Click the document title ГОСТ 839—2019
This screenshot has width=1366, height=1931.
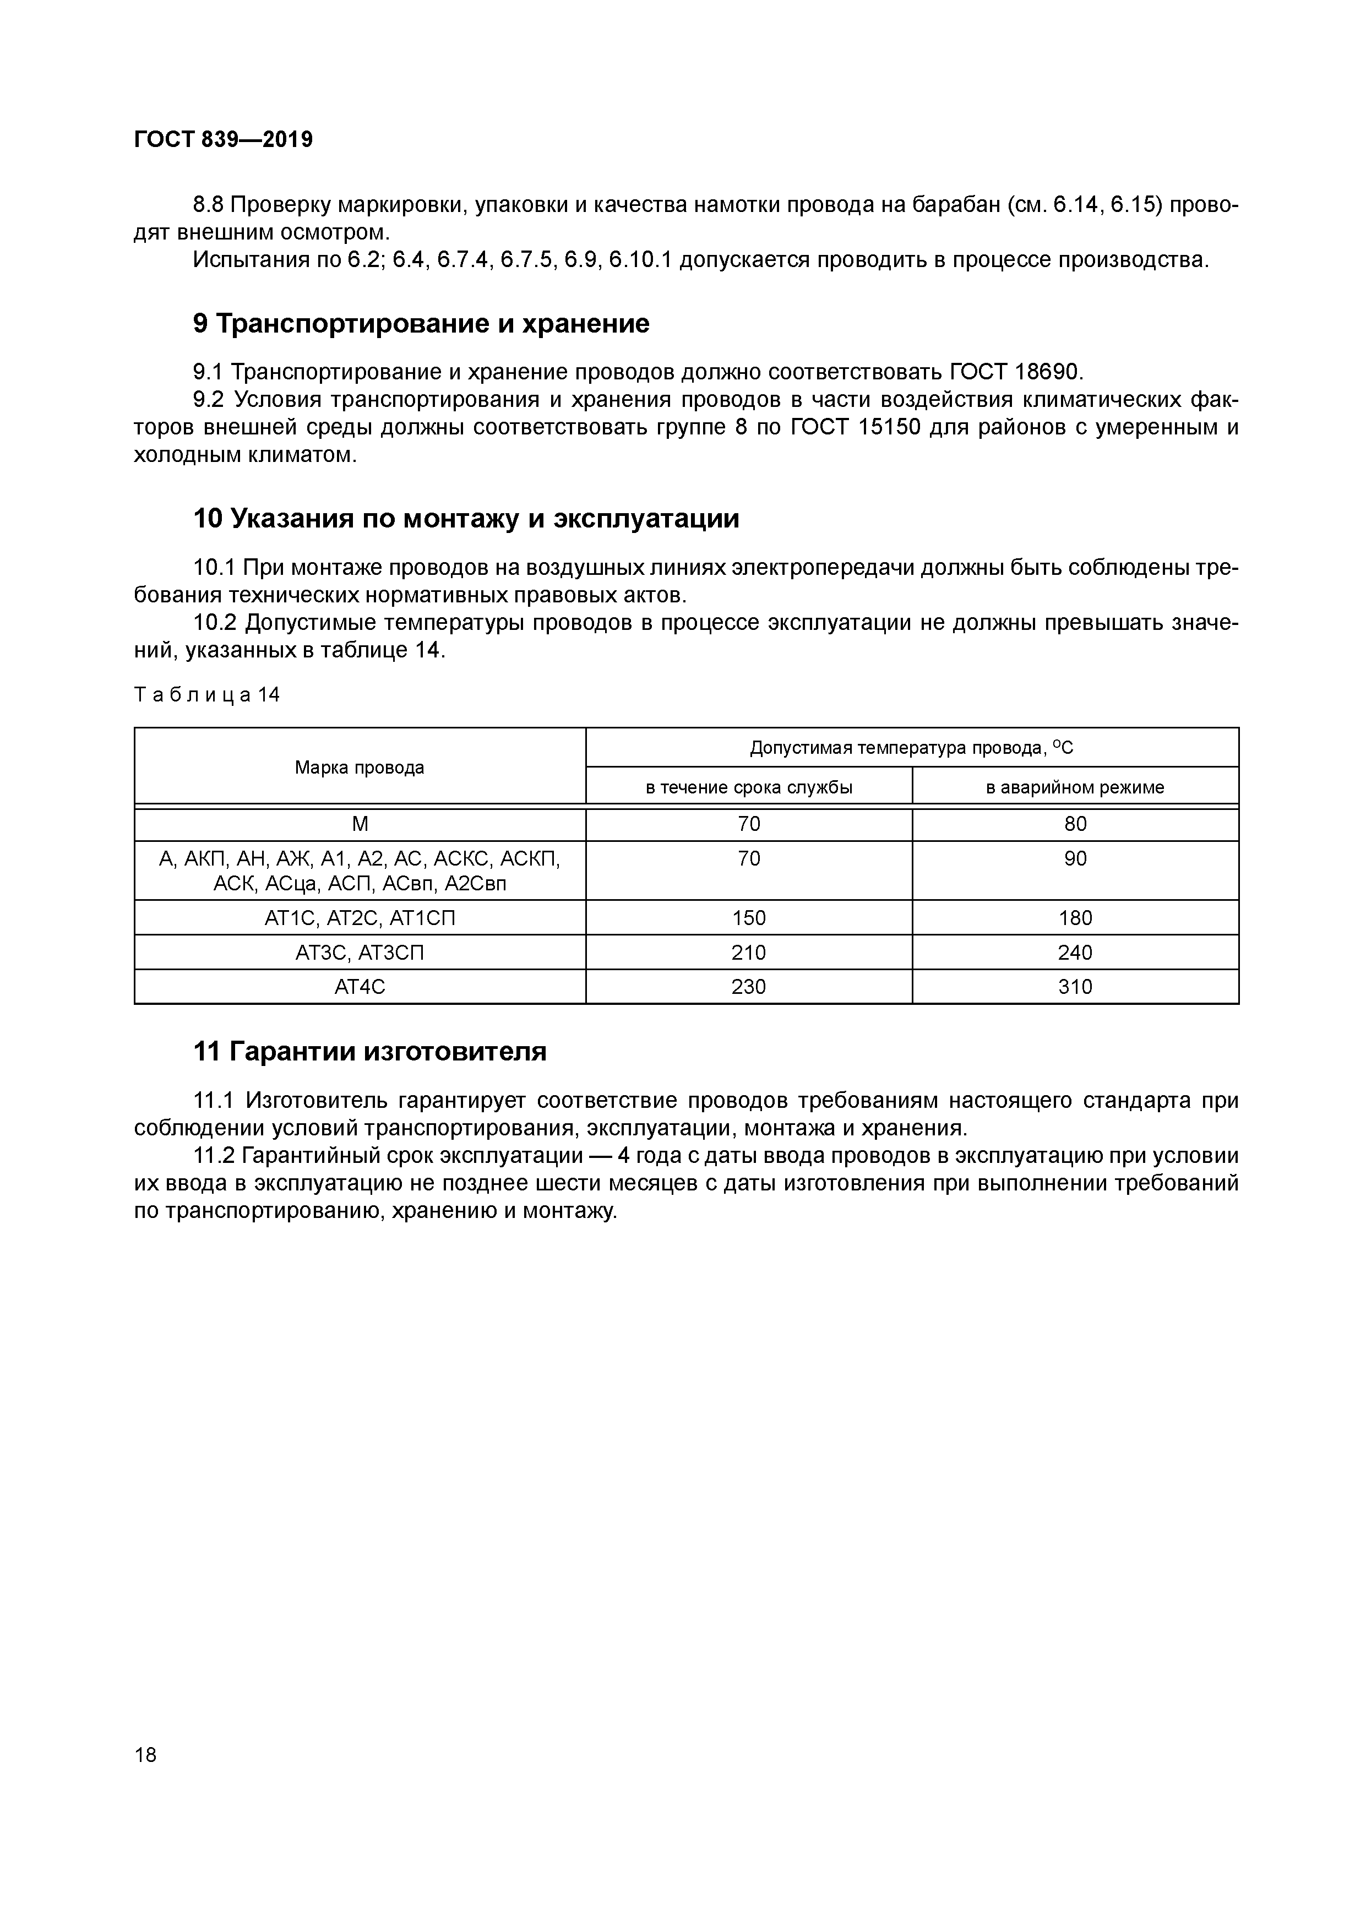point(223,140)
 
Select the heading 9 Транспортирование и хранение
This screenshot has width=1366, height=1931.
point(421,324)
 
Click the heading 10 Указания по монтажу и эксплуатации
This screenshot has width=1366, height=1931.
point(466,519)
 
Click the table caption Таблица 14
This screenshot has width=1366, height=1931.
point(207,695)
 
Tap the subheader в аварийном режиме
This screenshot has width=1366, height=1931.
point(1075,788)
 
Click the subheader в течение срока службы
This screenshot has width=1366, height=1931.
point(749,788)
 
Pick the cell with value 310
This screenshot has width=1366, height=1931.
point(1075,987)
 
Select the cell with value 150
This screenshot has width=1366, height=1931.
point(749,917)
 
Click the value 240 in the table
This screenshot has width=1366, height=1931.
point(1075,952)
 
